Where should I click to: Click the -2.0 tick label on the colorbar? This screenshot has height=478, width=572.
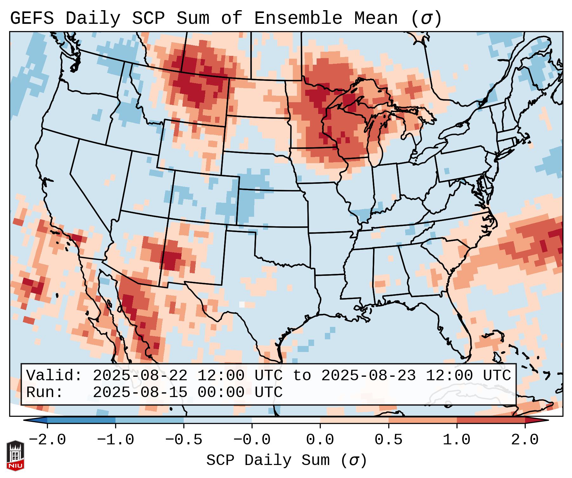point(47,440)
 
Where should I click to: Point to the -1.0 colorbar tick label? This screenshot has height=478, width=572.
point(115,440)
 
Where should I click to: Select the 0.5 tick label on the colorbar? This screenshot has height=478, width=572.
point(388,440)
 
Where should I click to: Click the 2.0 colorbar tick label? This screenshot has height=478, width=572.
point(525,440)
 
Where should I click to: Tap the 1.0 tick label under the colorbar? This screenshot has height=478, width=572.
point(457,440)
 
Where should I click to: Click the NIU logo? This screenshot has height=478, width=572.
point(15,455)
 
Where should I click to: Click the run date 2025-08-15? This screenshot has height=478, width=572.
point(140,392)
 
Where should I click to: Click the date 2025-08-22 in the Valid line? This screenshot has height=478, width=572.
point(140,375)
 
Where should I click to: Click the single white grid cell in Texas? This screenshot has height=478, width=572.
point(242,304)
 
